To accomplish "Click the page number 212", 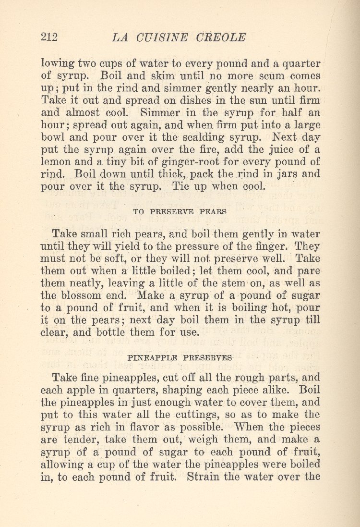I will (49, 37).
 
